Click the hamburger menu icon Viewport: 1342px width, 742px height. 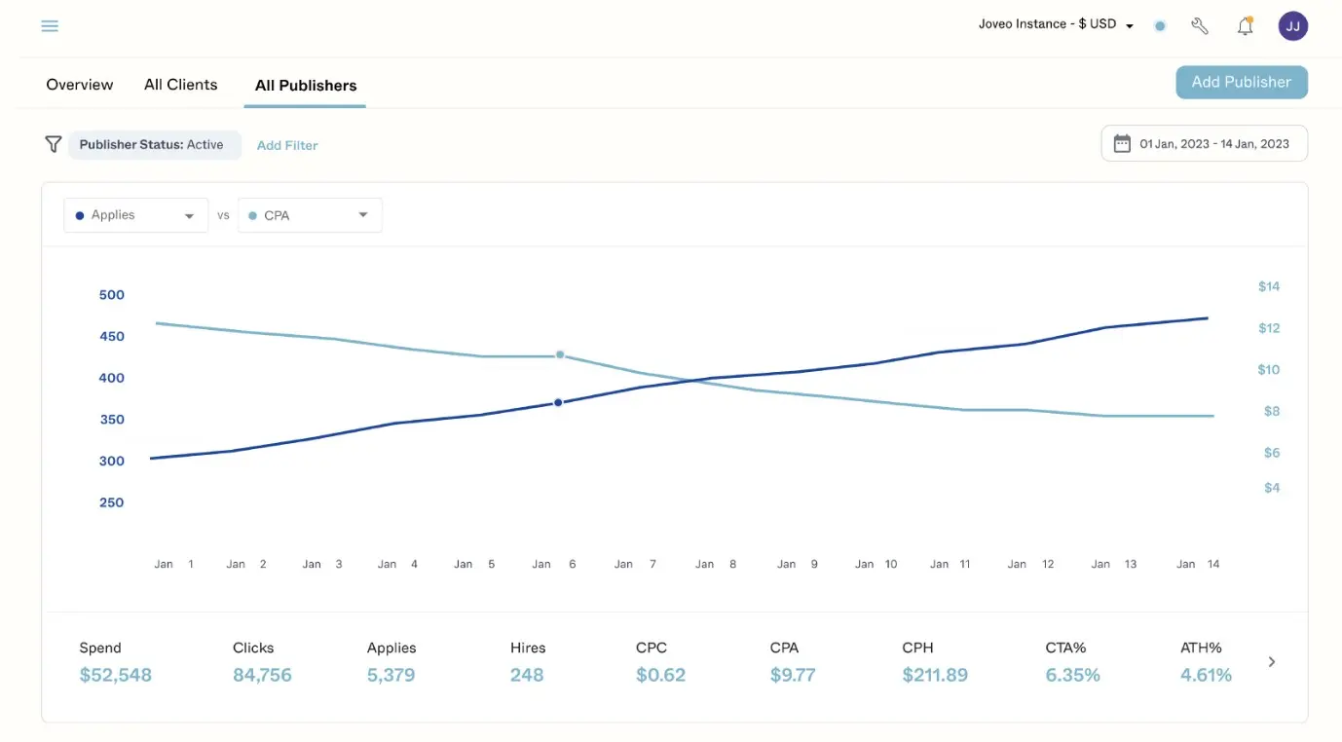50,26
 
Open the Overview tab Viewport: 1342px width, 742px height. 80,85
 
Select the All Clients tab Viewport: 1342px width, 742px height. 180,85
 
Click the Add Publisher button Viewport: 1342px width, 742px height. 1241,83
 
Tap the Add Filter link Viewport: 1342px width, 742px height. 287,145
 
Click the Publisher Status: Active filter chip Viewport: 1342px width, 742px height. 154,145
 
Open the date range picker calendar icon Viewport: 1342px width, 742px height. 1122,144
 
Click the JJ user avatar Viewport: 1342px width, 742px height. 1292,26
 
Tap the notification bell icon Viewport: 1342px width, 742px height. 1245,26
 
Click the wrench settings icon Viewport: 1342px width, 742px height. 1200,26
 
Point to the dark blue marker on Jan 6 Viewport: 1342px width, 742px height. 558,402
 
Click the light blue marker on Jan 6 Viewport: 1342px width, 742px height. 560,355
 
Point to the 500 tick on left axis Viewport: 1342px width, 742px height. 112,295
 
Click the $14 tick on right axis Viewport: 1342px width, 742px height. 1268,286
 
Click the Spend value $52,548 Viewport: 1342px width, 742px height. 115,675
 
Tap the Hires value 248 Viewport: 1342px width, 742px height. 527,675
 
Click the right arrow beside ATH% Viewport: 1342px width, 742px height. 1272,662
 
